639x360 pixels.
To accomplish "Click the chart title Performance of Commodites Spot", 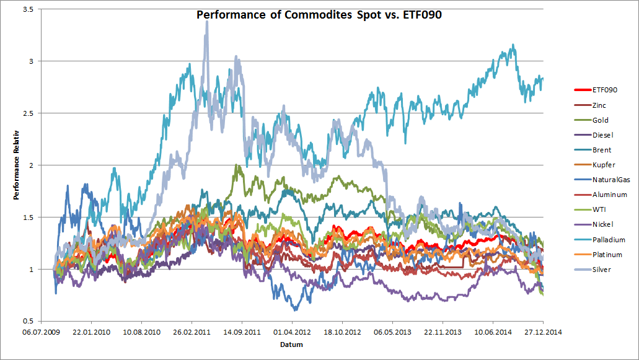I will click(319, 15).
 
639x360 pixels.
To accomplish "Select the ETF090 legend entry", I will click(604, 90).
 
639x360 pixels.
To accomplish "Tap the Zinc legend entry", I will click(600, 105).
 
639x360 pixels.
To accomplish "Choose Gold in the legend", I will click(601, 120).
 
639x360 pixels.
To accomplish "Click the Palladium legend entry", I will click(608, 240).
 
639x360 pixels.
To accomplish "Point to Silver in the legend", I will click(601, 270).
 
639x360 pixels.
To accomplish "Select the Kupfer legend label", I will click(602, 165).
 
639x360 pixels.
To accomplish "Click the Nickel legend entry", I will click(602, 224).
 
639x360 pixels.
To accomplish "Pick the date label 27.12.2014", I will click(543, 331).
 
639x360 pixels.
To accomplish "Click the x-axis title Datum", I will click(291, 345).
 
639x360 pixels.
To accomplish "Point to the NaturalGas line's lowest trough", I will click(295, 309).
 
